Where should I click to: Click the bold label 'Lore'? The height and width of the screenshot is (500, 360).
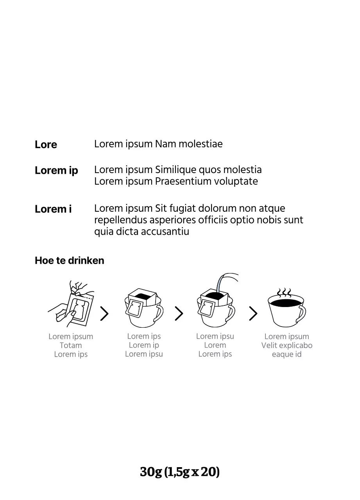tap(46, 145)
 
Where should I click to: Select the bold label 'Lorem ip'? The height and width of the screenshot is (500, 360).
tap(56, 171)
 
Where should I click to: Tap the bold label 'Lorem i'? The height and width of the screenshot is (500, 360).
tap(53, 209)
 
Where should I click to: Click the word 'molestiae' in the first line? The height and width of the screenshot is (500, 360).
tap(201, 144)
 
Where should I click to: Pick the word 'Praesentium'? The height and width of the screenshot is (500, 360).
tap(183, 181)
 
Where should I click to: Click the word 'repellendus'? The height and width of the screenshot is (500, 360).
tap(120, 220)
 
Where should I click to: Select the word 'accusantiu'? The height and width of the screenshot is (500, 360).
tap(165, 232)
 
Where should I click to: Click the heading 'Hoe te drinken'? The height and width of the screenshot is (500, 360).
tap(70, 261)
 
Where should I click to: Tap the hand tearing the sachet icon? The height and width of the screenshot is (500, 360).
tap(72, 304)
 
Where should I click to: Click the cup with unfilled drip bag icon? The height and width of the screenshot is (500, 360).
tap(144, 308)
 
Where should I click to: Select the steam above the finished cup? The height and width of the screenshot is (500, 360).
tap(284, 293)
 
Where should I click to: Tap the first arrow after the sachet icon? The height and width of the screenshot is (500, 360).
tap(104, 313)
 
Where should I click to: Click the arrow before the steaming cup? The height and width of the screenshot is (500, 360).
tap(253, 313)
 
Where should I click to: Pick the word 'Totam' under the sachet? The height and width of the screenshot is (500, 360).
tap(71, 345)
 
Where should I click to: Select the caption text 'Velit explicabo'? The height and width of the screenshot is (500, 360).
tap(287, 345)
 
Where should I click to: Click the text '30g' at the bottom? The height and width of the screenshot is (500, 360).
tap(151, 472)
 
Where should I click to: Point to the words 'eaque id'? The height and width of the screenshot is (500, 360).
tap(287, 354)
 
